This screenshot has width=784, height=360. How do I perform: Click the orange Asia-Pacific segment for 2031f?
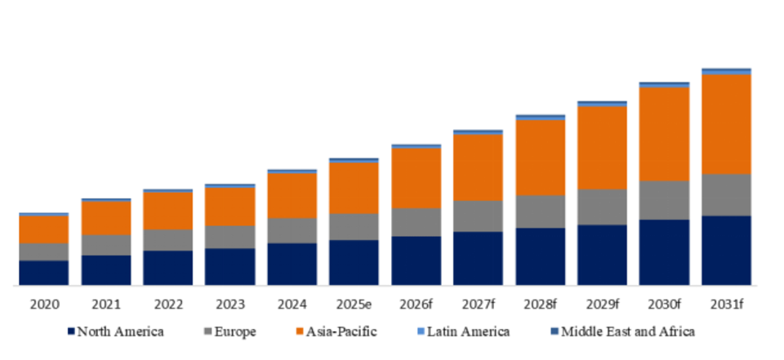click(726, 124)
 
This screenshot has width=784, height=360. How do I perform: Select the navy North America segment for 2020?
click(43, 273)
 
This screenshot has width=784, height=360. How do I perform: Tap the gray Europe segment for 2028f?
click(540, 211)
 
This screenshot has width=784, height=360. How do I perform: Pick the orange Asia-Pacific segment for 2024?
click(292, 195)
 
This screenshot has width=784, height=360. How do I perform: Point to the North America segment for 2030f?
click(664, 252)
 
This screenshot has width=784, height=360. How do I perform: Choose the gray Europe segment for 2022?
click(167, 240)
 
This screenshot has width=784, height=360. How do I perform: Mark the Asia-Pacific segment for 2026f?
click(416, 178)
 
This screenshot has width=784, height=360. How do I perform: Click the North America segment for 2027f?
click(478, 258)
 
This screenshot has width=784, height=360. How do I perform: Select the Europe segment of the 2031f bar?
click(726, 194)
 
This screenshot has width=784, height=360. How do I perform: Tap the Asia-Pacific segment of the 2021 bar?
click(105, 218)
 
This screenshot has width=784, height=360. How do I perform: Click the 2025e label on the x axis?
click(354, 305)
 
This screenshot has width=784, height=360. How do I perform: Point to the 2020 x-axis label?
click(43, 305)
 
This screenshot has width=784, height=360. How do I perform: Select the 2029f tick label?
click(602, 305)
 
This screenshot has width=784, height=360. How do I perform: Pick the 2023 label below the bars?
click(229, 305)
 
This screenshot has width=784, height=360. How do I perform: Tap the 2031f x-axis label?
click(726, 305)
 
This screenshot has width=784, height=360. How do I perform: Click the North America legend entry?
click(119, 331)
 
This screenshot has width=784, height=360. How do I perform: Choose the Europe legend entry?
click(236, 331)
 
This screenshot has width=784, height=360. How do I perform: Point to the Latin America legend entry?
click(469, 331)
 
